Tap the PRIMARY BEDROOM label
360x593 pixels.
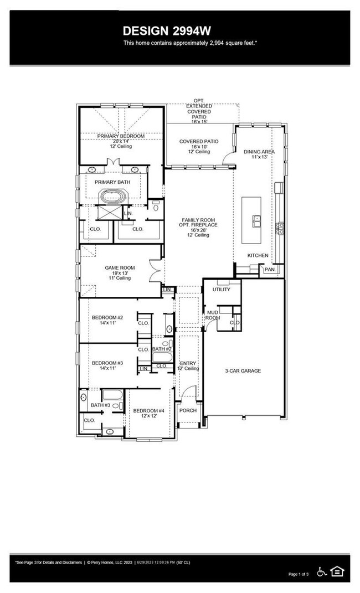[121, 136]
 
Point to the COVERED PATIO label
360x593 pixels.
[199, 142]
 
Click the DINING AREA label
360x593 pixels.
[259, 151]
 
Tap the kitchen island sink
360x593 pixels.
[256, 220]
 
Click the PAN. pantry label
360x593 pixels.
[270, 269]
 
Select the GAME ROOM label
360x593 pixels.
[120, 268]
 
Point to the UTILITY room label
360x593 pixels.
[221, 289]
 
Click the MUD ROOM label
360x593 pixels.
[213, 315]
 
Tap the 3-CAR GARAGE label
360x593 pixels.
[243, 371]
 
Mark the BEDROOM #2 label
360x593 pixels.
[107, 317]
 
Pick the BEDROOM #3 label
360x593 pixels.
[107, 363]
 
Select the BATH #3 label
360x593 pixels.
[101, 405]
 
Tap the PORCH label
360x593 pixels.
[187, 411]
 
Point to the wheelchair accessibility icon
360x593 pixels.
[321, 571]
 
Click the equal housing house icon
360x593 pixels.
[337, 571]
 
